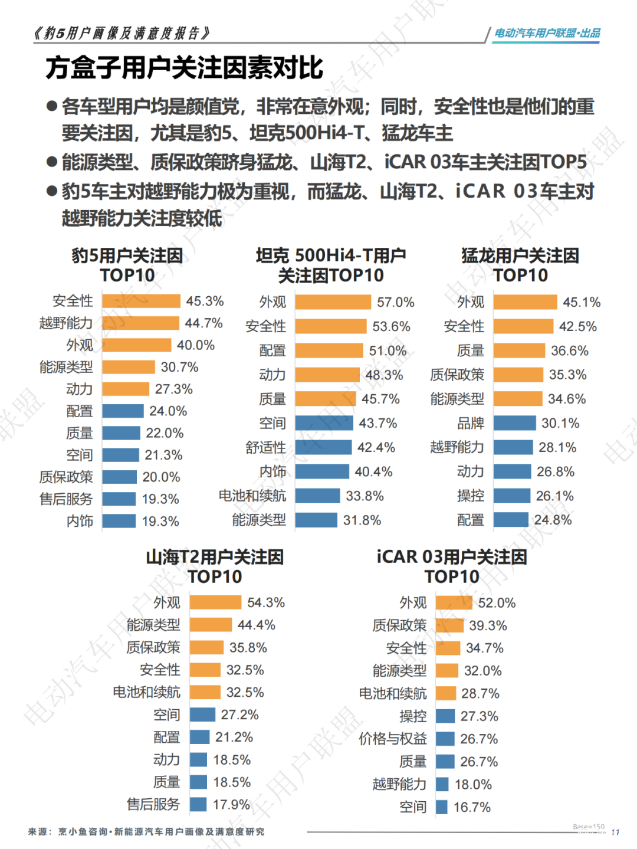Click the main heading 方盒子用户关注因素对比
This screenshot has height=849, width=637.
click(184, 68)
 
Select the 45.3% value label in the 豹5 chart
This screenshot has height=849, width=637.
click(205, 301)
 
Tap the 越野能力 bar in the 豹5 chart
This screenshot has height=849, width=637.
click(140, 323)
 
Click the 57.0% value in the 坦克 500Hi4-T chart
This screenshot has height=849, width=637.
click(395, 302)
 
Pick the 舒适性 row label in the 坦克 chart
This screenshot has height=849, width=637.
click(265, 447)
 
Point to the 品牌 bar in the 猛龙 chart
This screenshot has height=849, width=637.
click(514, 423)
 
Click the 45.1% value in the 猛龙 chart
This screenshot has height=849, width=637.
click(582, 302)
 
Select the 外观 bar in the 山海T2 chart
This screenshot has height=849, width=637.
click(215, 602)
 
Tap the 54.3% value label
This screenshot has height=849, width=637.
click(266, 602)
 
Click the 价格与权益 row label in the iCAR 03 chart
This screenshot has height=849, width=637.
click(393, 739)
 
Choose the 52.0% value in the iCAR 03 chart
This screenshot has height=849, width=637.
click(497, 602)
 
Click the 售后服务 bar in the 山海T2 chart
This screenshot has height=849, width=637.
click(198, 804)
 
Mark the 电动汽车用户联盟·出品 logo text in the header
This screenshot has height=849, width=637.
click(547, 33)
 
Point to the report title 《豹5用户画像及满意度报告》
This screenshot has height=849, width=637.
click(122, 33)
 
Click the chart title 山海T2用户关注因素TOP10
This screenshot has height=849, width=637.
click(215, 566)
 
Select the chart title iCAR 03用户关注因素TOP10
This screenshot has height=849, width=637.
click(452, 566)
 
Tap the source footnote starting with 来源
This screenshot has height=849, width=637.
click(146, 831)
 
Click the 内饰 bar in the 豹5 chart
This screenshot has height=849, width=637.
click(119, 521)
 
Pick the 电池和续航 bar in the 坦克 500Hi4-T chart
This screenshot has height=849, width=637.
click(317, 496)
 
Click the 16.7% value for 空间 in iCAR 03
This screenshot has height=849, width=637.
click(472, 807)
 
